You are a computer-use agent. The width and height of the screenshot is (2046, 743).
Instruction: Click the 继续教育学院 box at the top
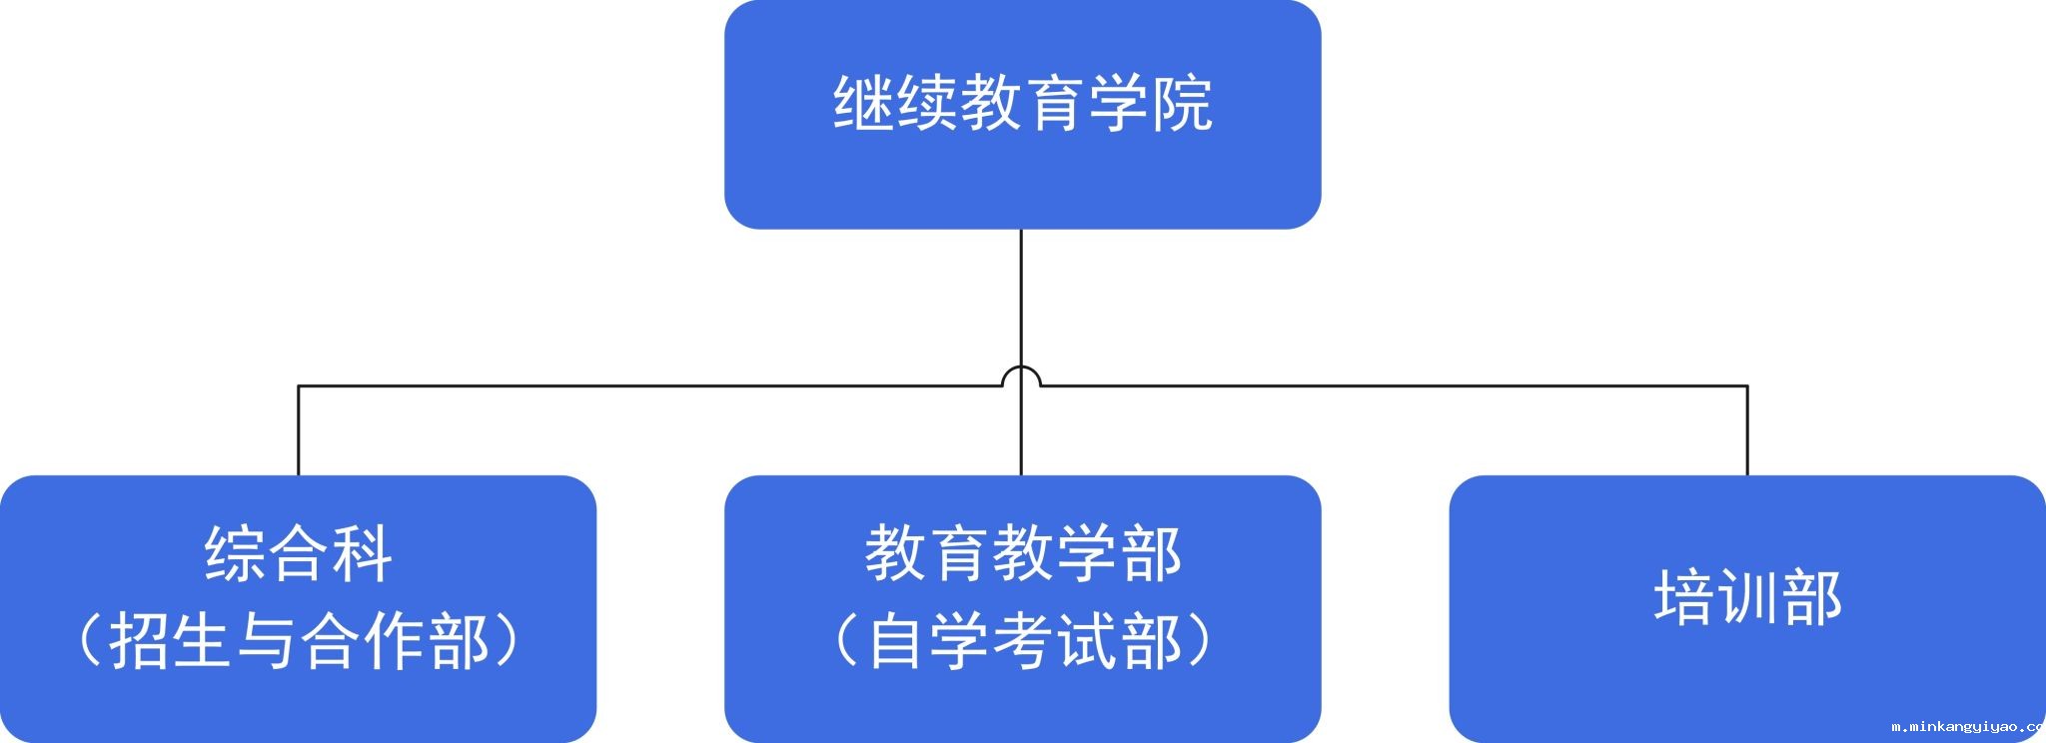[x=1022, y=115]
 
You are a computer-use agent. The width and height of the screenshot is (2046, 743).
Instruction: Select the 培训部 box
[x=1747, y=608]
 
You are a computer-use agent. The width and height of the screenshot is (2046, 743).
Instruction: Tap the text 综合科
[x=298, y=554]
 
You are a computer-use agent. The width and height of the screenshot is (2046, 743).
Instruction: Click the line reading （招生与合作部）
[x=298, y=640]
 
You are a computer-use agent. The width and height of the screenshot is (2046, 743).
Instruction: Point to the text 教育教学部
[x=1022, y=554]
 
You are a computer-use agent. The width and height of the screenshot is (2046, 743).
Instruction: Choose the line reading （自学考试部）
[x=1022, y=640]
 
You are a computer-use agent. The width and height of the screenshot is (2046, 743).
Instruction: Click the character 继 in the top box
[x=864, y=102]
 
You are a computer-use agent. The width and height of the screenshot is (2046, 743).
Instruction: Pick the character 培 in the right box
[x=1684, y=597]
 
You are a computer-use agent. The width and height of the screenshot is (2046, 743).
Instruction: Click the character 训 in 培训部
[x=1747, y=597]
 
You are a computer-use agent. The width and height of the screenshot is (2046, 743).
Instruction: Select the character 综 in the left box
[x=235, y=554]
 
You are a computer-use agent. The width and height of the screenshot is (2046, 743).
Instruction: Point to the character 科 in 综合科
[x=361, y=554]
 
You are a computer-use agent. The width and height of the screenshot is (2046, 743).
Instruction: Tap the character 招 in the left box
[x=140, y=640]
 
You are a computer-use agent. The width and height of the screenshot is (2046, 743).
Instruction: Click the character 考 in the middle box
[x=1022, y=640]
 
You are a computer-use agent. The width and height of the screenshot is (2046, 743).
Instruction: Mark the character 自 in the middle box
[x=896, y=640]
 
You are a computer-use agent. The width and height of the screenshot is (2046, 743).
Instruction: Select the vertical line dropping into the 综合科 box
[x=299, y=430]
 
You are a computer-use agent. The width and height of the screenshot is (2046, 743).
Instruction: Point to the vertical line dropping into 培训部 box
[x=1747, y=430]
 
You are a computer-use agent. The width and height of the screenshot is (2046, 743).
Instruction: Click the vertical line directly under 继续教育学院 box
[x=1021, y=353]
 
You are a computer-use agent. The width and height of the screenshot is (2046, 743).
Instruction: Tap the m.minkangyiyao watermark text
[x=1968, y=727]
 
